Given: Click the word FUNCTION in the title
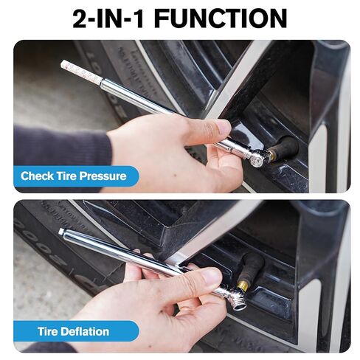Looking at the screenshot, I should click(221, 18).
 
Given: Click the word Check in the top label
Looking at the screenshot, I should click(36, 176).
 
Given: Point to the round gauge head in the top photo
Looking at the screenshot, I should click(256, 157).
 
